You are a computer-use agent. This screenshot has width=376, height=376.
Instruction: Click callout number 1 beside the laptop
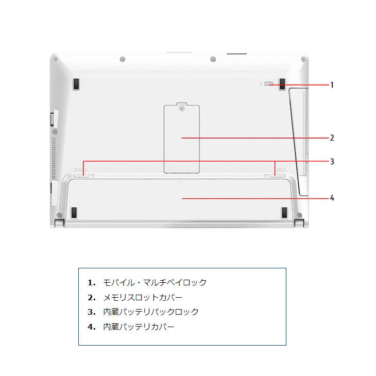(x=332, y=85)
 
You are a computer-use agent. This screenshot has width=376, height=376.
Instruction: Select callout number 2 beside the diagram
(x=332, y=138)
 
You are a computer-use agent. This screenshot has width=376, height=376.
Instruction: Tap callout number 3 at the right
(x=332, y=162)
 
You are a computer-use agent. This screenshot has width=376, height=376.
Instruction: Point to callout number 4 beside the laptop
(x=332, y=198)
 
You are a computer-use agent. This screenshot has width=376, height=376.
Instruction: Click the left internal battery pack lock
(x=82, y=175)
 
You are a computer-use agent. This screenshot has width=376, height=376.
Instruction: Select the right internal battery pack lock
(x=279, y=175)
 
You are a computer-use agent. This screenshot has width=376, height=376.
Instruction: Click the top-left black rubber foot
(x=76, y=84)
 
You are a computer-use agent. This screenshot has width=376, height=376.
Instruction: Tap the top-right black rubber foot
(x=283, y=84)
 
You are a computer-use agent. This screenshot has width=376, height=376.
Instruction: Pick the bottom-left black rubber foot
(x=74, y=212)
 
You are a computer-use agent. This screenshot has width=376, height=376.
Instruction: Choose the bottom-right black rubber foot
(x=284, y=212)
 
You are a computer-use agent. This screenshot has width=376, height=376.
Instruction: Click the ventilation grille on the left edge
(x=53, y=155)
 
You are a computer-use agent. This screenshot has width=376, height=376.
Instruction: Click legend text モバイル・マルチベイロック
(x=155, y=283)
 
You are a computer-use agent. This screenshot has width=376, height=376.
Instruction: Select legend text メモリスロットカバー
(x=143, y=298)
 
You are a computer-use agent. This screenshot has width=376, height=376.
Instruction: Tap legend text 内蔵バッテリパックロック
(x=151, y=312)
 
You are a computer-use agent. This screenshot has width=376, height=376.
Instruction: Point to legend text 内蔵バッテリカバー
(x=139, y=327)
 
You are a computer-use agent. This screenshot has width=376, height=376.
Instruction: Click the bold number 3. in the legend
(x=92, y=312)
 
